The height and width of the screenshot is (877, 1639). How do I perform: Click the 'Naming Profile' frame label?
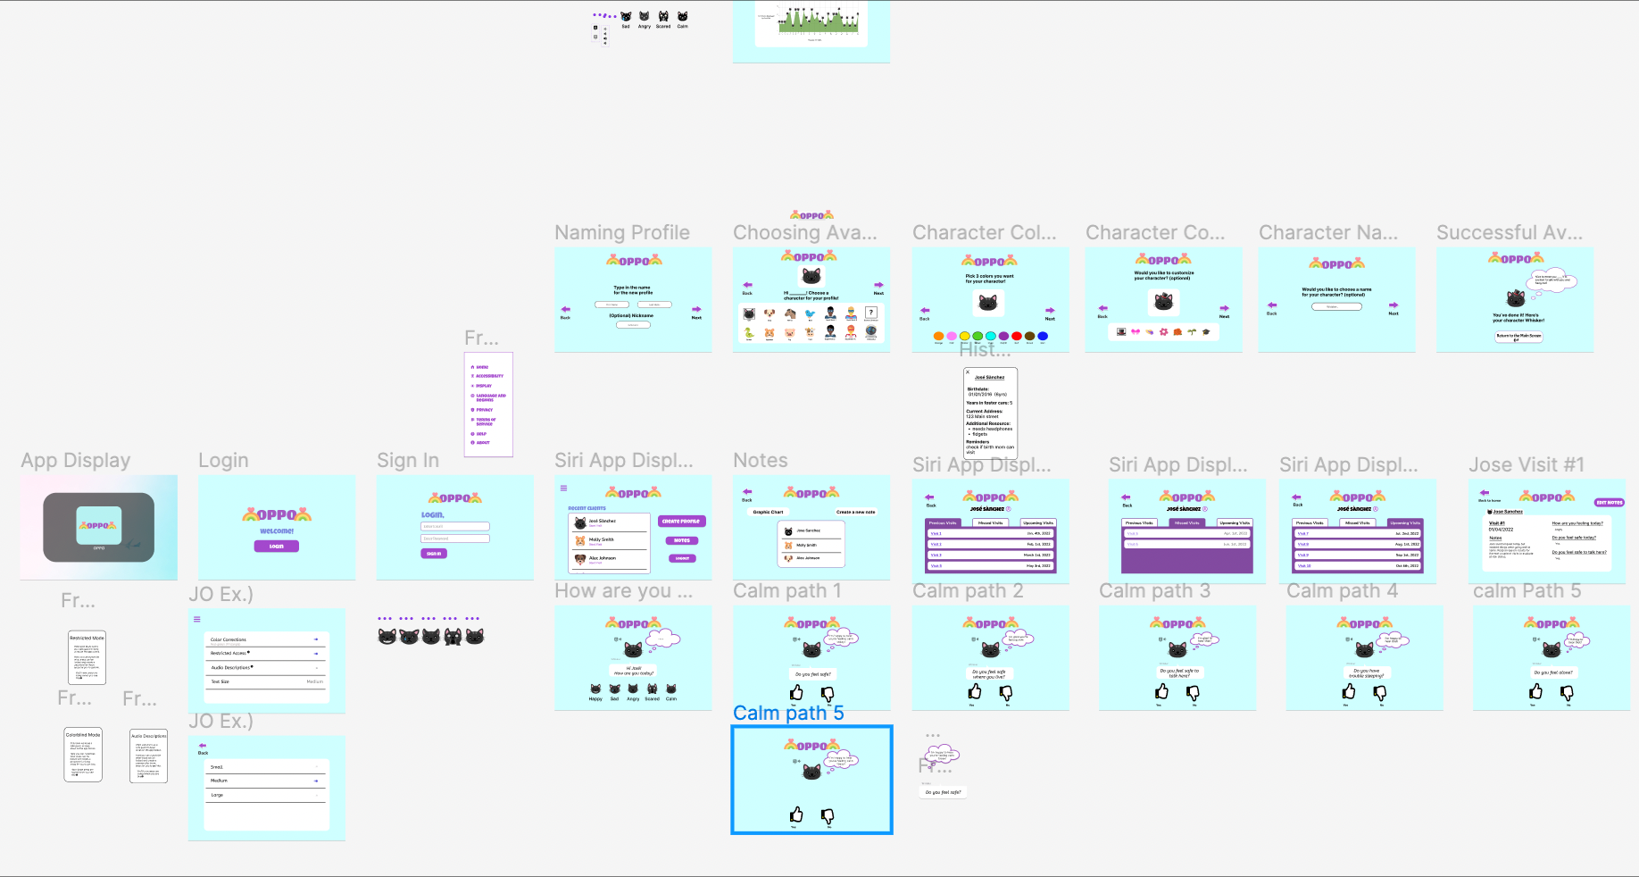[622, 233]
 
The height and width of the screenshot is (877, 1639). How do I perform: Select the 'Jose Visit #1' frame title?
[1527, 465]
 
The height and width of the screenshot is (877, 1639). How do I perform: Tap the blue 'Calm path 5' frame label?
[787, 714]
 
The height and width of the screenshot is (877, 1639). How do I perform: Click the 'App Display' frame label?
[76, 461]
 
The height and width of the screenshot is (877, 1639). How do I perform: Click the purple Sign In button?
[434, 554]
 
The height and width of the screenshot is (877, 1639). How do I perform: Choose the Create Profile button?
[681, 522]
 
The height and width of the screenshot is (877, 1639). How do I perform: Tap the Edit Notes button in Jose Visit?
[1609, 503]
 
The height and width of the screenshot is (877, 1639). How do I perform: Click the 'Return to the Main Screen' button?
[1518, 337]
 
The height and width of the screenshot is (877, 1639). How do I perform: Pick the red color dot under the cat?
[1017, 337]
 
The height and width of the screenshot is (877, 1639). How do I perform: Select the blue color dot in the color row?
[1043, 337]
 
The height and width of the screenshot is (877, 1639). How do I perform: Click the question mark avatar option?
[871, 313]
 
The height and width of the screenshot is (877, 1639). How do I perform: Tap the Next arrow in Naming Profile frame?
[696, 310]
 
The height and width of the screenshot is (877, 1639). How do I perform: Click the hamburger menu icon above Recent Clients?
[563, 489]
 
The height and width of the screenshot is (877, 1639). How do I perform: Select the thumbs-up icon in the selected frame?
[796, 814]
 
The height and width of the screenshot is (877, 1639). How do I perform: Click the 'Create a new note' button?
[855, 513]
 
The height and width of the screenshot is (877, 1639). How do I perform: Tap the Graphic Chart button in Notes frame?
[768, 513]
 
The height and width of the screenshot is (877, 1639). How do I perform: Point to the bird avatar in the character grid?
[810, 314]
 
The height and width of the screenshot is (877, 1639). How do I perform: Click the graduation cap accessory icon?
[1206, 331]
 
